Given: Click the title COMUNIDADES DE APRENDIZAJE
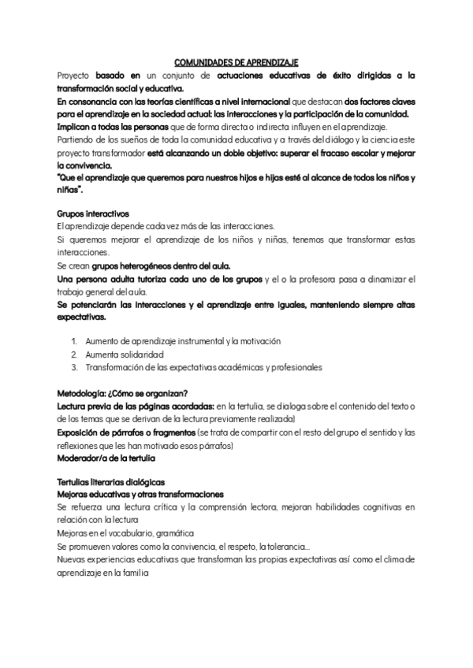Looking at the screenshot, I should pos(236,61).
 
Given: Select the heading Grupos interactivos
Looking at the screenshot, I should pos(88,213).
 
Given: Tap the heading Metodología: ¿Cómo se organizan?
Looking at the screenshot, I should pos(121,392).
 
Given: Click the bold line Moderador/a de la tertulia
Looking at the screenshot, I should pos(106,458).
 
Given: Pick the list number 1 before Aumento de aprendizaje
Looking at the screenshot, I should pos(74,341).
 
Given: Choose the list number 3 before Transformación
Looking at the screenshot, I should pos(74,367).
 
